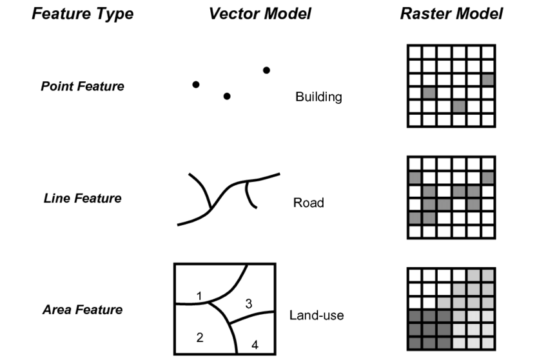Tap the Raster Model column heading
coord(451,14)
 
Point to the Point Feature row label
coord(82,86)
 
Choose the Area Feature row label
coord(82,310)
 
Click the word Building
coord(318,97)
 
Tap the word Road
coord(308,203)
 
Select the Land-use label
coord(317,315)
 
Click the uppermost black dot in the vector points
coord(266,70)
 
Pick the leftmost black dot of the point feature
coord(196,85)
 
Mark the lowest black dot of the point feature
coord(226,96)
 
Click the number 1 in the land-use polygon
coord(200,296)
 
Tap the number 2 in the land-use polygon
coord(200,337)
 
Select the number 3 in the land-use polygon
coord(248,303)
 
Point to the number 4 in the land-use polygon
coord(255,345)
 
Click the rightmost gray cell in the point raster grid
coord(487,79)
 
